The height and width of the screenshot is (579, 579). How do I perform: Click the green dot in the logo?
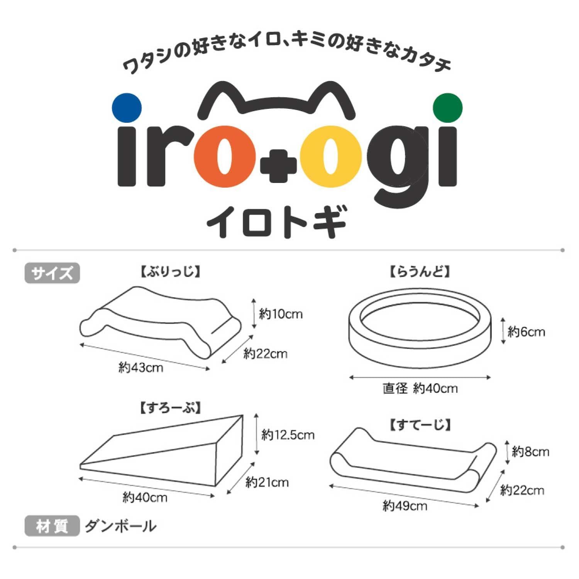pos(448,108)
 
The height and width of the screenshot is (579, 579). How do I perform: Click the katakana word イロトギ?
pos(277,222)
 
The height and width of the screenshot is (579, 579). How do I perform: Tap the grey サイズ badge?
pos(52,273)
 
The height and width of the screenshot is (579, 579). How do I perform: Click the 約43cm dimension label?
pos(141,367)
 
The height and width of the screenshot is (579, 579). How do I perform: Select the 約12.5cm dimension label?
pos(288,435)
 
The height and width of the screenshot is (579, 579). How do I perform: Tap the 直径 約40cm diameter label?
pos(420,388)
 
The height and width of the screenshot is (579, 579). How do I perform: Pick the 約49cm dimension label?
pos(405,505)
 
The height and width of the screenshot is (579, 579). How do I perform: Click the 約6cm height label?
pos(526,332)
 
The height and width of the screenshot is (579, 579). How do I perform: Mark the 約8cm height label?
pos(530,452)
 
